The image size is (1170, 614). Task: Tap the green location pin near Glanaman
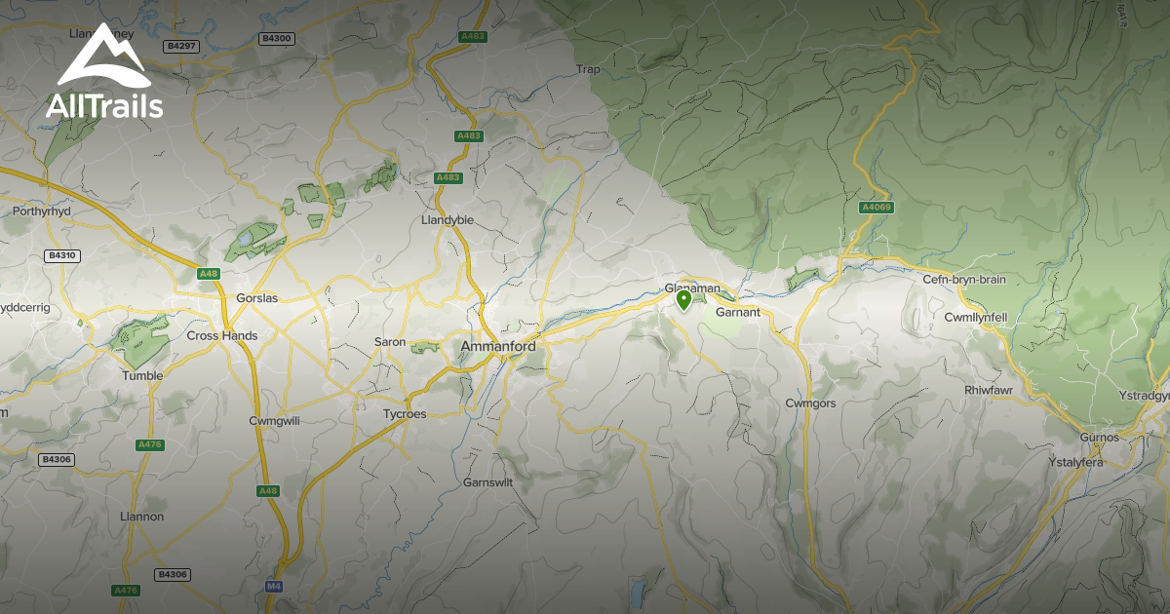(684, 300)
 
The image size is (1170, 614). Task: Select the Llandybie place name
(447, 220)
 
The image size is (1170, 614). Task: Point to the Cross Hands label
(222, 336)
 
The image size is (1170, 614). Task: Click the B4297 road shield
(180, 46)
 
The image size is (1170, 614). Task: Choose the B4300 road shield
(277, 38)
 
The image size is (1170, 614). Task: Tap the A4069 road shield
(877, 208)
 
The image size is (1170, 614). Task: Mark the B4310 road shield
(61, 255)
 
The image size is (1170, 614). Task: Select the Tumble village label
(142, 375)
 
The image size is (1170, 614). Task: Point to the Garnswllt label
(487, 482)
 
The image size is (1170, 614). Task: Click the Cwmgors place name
(812, 403)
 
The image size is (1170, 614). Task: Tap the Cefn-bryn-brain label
(964, 280)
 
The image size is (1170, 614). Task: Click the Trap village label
(589, 69)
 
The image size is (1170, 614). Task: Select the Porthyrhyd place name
(43, 211)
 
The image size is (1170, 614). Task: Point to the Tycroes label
(404, 414)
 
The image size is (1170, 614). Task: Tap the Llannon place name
(141, 517)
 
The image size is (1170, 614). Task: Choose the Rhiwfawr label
(991, 391)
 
